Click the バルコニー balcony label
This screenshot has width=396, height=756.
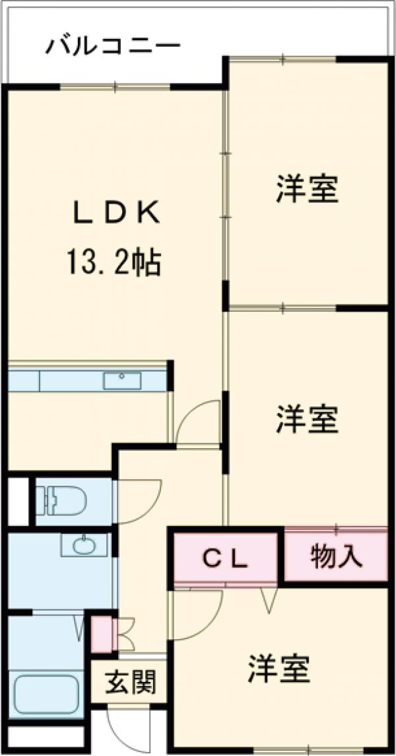click(x=113, y=46)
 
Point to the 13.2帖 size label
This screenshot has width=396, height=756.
click(x=113, y=262)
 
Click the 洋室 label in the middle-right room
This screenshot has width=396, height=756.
click(x=307, y=420)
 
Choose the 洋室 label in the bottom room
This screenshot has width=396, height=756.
click(x=279, y=669)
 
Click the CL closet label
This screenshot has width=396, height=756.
click(x=224, y=560)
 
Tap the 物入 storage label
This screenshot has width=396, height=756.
click(x=336, y=557)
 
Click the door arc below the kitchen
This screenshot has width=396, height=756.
click(x=200, y=423)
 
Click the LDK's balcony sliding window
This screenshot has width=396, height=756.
click(x=115, y=86)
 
